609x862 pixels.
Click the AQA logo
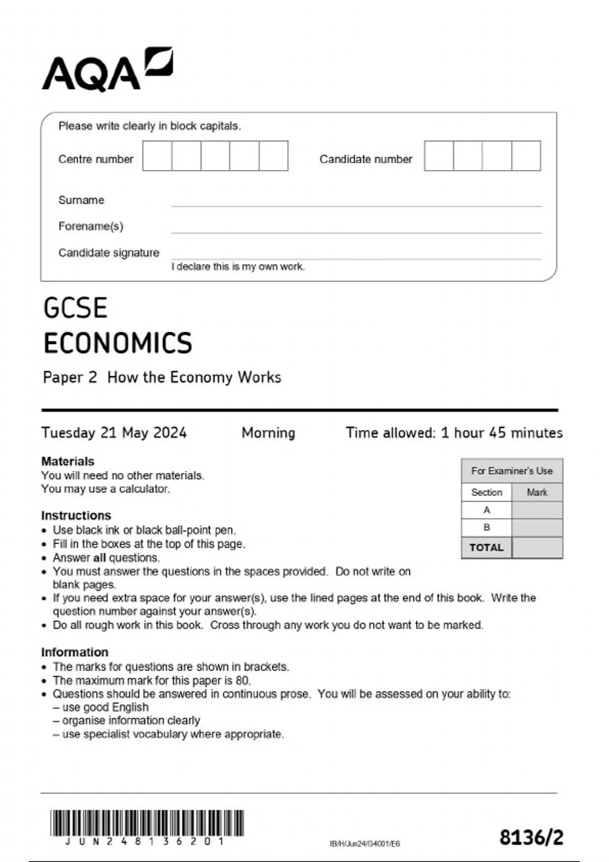tap(107, 69)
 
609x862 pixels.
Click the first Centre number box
tap(157, 156)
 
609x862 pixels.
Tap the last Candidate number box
tap(526, 156)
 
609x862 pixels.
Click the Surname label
tap(81, 200)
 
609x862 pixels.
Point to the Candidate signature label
tap(109, 253)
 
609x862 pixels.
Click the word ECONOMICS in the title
tap(118, 343)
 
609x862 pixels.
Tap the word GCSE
tap(76, 308)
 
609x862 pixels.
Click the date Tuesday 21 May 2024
tap(114, 433)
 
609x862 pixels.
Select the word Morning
tap(268, 433)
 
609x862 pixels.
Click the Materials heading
tap(67, 461)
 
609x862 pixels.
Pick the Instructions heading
tap(76, 516)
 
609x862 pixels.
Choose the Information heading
tap(75, 652)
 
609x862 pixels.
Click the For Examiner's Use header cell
tap(512, 471)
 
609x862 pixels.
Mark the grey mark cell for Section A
tap(537, 510)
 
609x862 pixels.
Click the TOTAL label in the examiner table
tap(487, 548)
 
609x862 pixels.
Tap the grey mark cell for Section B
tap(537, 528)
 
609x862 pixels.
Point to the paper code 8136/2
tap(531, 838)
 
